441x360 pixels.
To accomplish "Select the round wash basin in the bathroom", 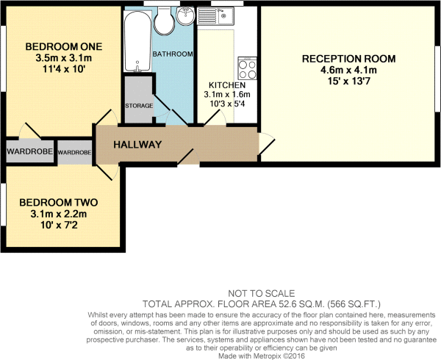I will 186,15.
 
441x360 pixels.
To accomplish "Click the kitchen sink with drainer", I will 218,14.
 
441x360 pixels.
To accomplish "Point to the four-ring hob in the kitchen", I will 247,70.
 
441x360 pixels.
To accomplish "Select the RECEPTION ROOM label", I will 350,59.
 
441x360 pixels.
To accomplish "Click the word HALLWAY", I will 137,145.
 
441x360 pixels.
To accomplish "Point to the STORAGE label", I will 138,106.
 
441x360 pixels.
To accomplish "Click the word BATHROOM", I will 173,54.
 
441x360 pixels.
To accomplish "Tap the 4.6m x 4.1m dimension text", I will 350,71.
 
